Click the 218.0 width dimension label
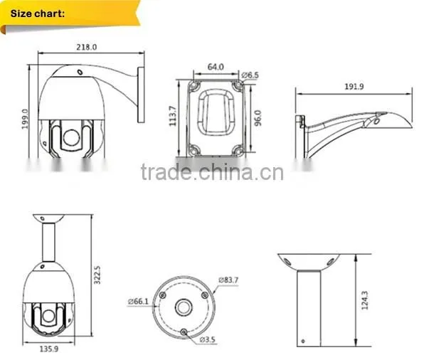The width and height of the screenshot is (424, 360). (x=86, y=47)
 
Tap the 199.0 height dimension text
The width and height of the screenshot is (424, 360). (x=25, y=119)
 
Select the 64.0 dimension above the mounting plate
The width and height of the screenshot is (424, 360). (x=216, y=67)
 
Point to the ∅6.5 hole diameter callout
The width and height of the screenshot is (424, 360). (x=250, y=75)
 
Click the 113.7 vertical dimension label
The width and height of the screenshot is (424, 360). (x=173, y=116)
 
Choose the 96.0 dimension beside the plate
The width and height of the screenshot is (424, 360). (x=258, y=117)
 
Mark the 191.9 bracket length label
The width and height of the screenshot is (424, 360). (x=354, y=87)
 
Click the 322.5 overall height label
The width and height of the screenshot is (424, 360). (x=97, y=275)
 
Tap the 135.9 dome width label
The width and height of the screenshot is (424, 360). (x=49, y=349)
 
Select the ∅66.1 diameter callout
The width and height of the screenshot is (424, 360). (x=138, y=302)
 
